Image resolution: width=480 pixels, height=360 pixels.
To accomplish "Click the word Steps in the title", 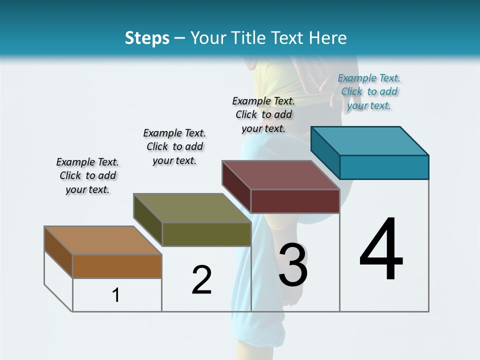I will (x=146, y=38).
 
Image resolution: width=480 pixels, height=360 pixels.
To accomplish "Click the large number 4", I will (x=381, y=250).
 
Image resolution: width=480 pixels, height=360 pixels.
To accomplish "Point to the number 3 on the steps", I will (x=293, y=265).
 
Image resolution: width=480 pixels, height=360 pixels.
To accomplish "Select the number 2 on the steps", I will (x=201, y=280).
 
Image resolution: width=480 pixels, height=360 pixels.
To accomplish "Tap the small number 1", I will (x=116, y=295).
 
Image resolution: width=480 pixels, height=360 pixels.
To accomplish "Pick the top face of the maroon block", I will (x=281, y=175).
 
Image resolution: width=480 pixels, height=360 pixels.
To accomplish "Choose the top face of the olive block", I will (x=192, y=208).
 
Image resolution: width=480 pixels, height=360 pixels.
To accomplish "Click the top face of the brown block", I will (x=103, y=240).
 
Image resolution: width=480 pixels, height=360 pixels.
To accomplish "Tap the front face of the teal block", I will (x=384, y=167).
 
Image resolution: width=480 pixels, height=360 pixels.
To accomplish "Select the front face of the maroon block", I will (x=295, y=201).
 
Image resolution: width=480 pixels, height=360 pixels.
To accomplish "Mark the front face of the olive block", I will (x=206, y=234).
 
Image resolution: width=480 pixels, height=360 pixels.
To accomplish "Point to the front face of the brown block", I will (x=117, y=266).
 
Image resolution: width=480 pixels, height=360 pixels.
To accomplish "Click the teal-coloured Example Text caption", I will (x=369, y=91).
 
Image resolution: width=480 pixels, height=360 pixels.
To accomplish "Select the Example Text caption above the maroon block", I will (x=263, y=114).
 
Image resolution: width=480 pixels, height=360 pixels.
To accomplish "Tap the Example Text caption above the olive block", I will (x=174, y=146).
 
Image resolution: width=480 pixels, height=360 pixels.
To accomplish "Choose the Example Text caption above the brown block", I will (x=87, y=175).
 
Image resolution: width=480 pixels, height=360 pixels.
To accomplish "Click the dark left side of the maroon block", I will (x=236, y=186).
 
